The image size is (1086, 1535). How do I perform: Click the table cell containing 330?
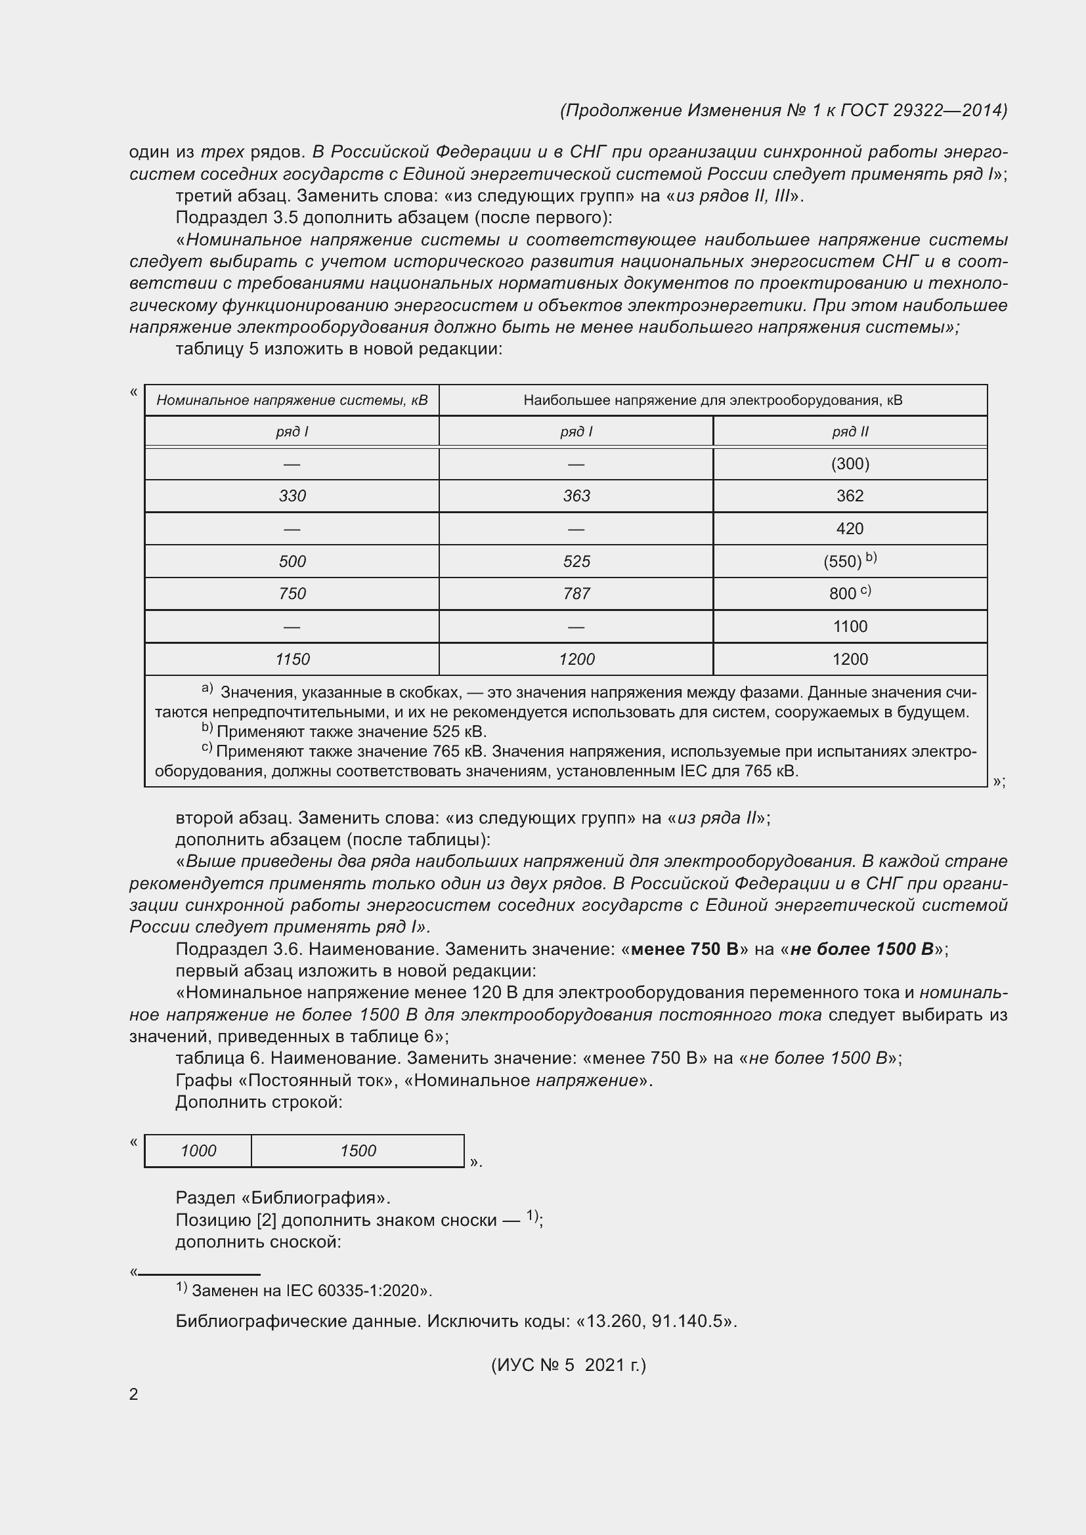292,496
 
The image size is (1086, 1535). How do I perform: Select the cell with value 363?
576,496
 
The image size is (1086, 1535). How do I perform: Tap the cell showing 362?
849,496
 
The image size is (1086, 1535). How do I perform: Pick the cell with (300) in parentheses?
849,464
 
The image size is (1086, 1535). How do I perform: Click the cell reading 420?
849,529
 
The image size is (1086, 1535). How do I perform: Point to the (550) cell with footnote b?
849,561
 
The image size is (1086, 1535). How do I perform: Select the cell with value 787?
576,594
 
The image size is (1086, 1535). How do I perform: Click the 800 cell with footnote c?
849,594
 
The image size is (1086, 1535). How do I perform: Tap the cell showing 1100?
849,627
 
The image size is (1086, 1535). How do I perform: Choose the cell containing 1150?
292,659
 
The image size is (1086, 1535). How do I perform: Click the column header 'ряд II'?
849,432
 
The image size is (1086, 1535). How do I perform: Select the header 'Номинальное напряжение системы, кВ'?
292,400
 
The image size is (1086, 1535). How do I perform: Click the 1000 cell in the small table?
198,1150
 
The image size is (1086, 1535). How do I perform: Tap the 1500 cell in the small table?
358,1150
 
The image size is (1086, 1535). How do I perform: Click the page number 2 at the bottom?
134,1394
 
